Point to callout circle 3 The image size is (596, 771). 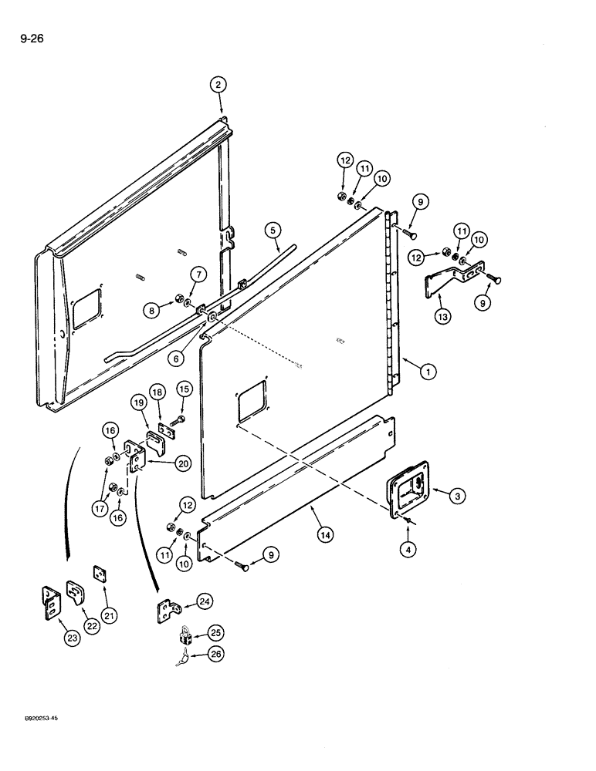pyautogui.click(x=459, y=497)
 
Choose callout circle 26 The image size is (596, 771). pyautogui.click(x=216, y=656)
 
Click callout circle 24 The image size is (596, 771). pyautogui.click(x=205, y=601)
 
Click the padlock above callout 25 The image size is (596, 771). pyautogui.click(x=185, y=636)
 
